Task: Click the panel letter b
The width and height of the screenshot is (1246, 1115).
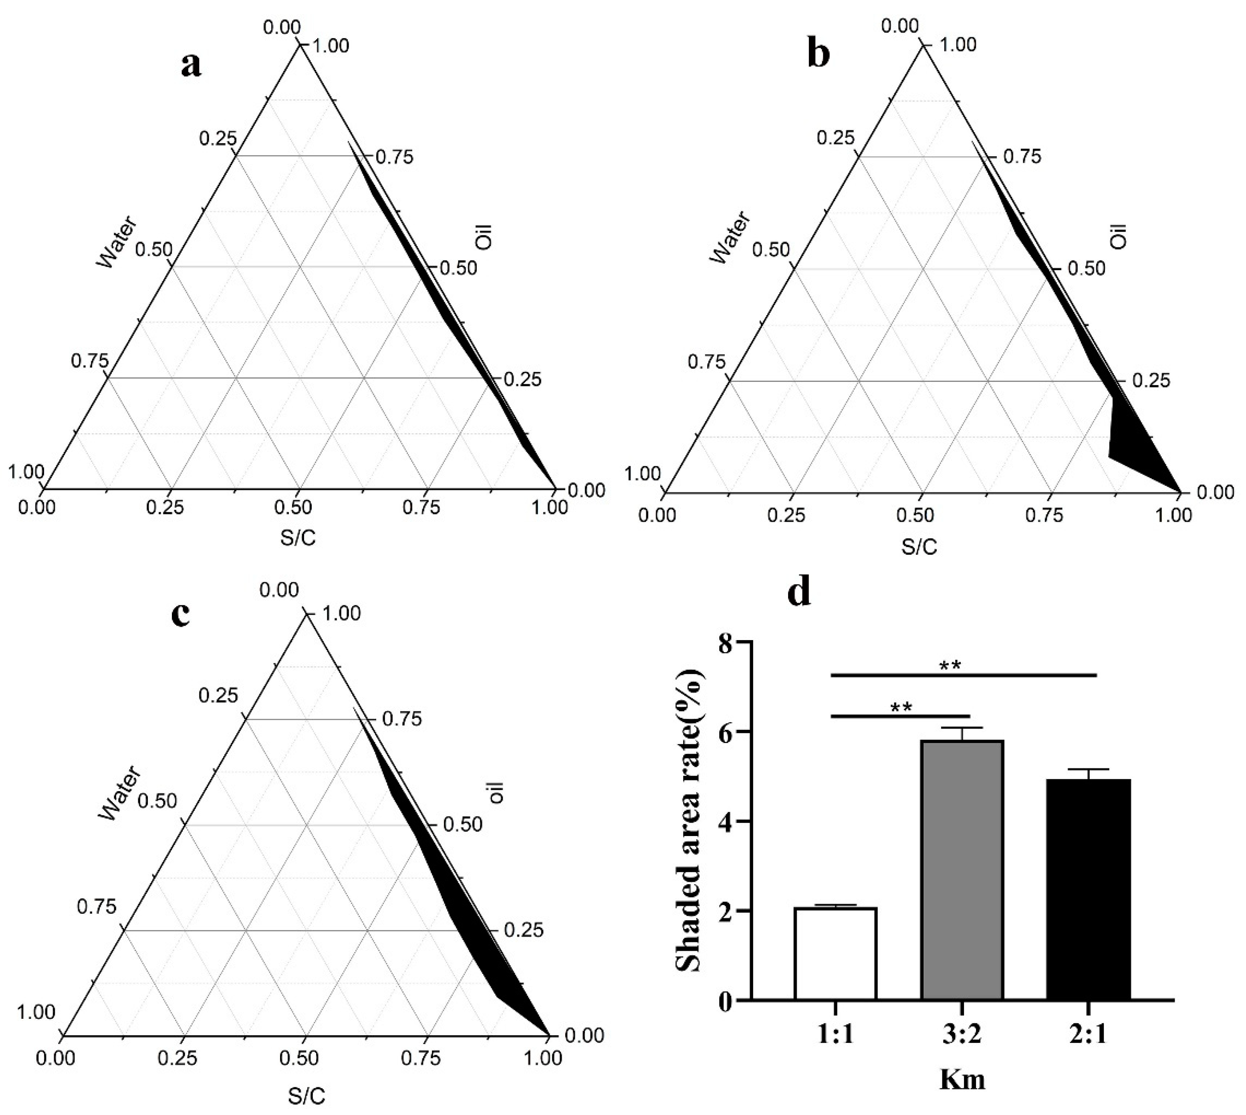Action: point(819,55)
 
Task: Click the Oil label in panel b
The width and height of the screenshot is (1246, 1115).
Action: point(1119,236)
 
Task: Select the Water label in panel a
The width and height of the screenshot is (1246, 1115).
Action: point(116,242)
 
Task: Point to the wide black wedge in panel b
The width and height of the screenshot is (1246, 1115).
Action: point(1136,447)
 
